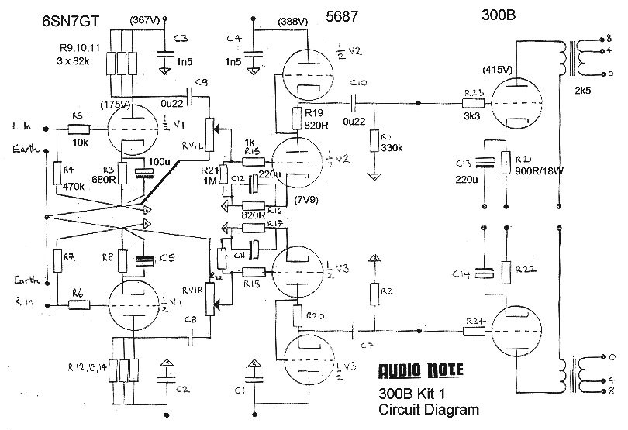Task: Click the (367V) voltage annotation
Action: (147, 19)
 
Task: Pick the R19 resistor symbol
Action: (297, 119)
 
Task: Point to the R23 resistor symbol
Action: (474, 103)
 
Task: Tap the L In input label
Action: (21, 126)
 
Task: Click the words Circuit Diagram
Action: (428, 409)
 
